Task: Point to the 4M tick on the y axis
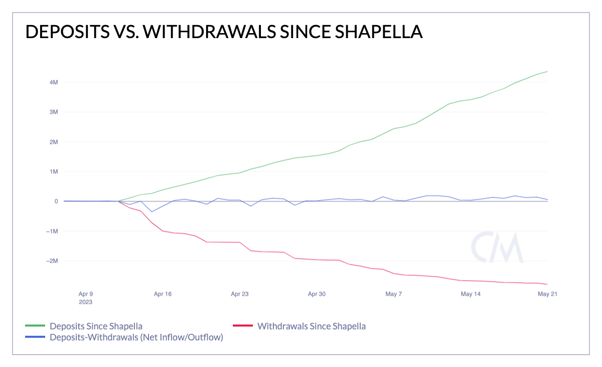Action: (x=54, y=82)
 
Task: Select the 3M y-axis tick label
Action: (x=54, y=112)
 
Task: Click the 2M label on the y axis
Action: (x=54, y=142)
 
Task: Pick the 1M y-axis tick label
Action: (x=54, y=171)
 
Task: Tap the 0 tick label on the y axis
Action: (x=56, y=202)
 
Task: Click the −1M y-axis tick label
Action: (x=52, y=231)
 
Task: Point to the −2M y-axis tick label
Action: (x=52, y=261)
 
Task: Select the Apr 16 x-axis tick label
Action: (x=163, y=294)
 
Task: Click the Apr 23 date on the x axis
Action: (x=240, y=294)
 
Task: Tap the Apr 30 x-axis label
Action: (x=317, y=294)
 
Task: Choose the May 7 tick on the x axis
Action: (x=394, y=294)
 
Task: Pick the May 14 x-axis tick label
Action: (x=471, y=294)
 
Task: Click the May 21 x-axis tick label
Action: (x=547, y=294)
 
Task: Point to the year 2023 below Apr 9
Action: (x=85, y=302)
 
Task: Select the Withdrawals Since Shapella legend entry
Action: (x=311, y=326)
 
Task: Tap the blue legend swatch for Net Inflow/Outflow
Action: (x=35, y=337)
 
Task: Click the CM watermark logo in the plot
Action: (x=497, y=248)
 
